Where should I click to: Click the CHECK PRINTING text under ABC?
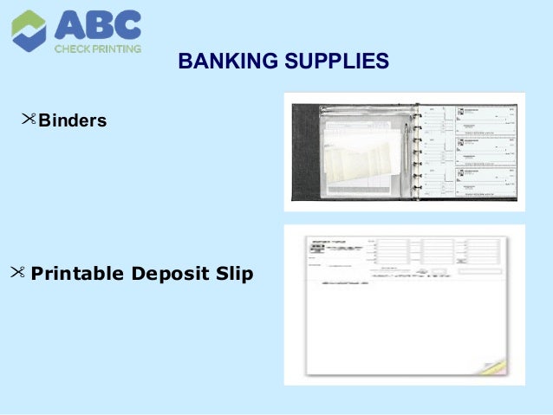point(97,49)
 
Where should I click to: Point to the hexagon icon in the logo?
point(29,30)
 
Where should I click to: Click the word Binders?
point(73,120)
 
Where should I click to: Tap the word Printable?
point(77,275)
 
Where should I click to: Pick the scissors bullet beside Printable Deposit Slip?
point(18,273)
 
